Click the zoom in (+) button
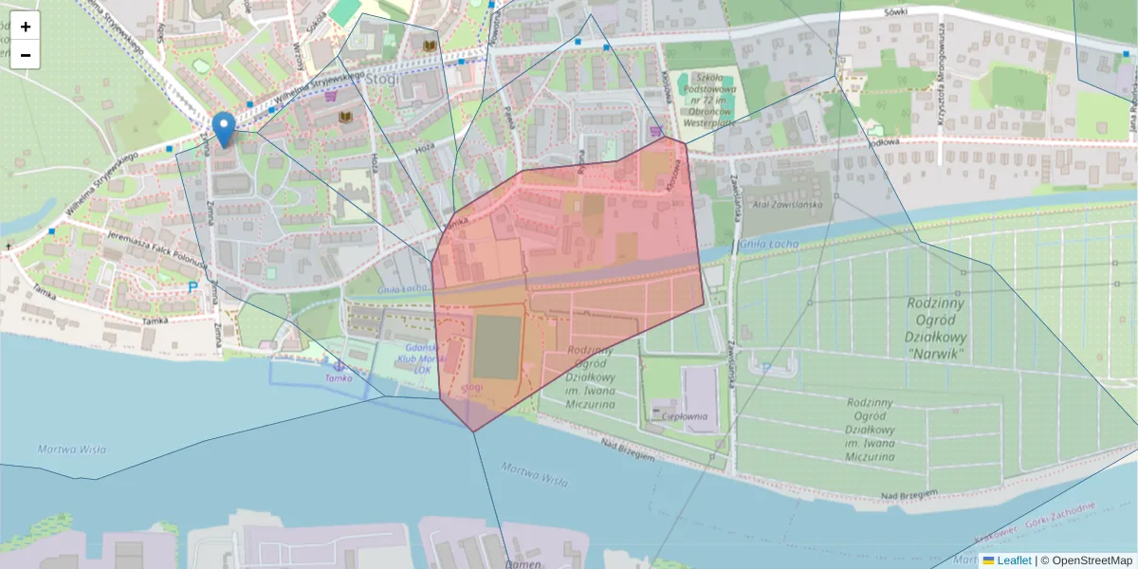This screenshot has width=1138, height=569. coord(26,27)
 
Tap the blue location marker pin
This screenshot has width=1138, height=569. coord(224,130)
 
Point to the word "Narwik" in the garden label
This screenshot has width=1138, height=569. coord(935,354)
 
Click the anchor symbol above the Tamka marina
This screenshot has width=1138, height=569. coord(337,363)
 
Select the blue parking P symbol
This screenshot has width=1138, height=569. coord(193,286)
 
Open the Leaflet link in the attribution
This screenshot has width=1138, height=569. coord(1013,560)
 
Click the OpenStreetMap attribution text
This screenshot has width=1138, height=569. coord(1086,560)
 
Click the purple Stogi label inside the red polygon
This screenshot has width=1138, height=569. coord(471,387)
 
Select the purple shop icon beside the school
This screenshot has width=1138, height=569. coord(655,131)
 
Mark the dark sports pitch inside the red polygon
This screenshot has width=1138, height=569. coord(498,346)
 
